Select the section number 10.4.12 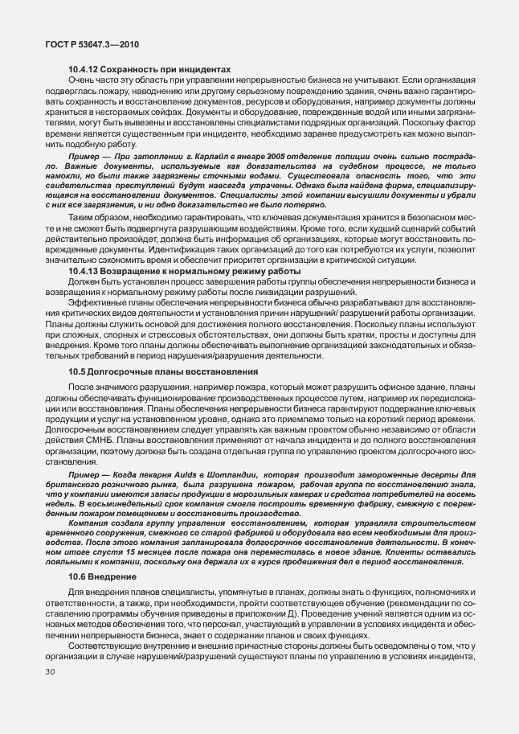[x=84, y=70]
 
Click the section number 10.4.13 [x=84, y=295]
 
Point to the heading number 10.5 [x=77, y=372]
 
